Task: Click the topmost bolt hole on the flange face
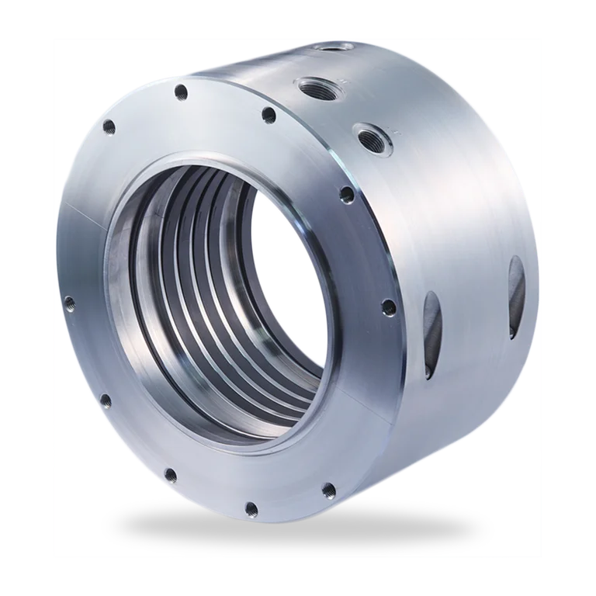181,92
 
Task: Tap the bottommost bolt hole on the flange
251,508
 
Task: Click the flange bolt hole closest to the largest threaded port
269,116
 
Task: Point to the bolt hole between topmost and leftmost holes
109,126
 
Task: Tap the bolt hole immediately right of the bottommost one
327,489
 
